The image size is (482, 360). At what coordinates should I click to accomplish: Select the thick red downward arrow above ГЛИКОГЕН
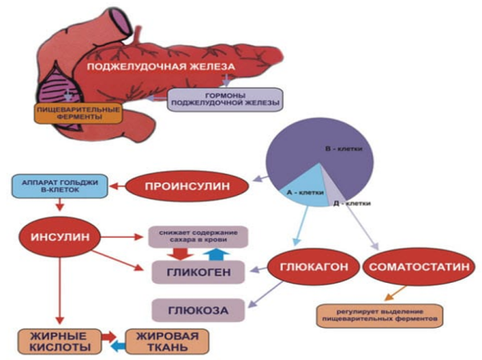[x=180, y=254]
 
